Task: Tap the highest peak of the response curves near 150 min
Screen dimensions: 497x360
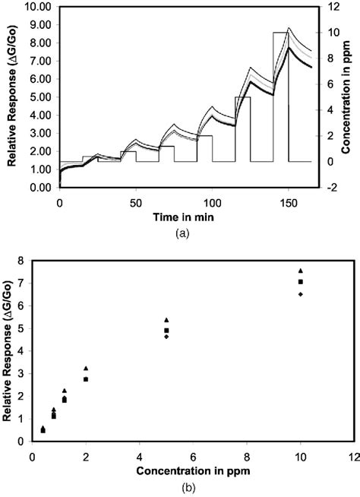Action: click(289, 28)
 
